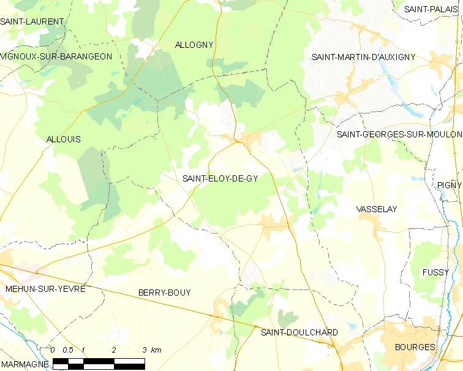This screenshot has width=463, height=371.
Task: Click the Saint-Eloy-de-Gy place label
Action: pos(220,179)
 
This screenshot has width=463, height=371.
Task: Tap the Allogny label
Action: pos(194,45)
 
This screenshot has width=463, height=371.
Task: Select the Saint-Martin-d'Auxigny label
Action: pos(364,57)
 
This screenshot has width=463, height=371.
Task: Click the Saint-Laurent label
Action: pos(32,21)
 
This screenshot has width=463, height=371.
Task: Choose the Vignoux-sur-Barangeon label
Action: pos(56,56)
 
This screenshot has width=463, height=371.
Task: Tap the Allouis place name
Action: pos(64,139)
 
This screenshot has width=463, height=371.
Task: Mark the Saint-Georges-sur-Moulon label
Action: pos(399,134)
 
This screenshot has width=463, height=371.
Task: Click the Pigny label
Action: pos(450,185)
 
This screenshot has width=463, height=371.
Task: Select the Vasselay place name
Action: pos(377,209)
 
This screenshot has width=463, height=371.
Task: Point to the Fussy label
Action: pos(435,272)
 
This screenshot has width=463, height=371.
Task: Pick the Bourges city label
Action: pos(415,347)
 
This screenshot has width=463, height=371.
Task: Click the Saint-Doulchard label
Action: pos(299,332)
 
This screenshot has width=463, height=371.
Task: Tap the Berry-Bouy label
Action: pos(164,293)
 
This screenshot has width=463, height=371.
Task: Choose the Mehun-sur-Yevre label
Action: pos(45,288)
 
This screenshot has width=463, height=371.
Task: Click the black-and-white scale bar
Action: pos(99,364)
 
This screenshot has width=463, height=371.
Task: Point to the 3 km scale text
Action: pos(152,350)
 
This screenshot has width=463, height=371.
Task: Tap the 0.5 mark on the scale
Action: pos(68,350)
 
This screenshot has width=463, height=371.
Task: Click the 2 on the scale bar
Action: pos(114,350)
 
